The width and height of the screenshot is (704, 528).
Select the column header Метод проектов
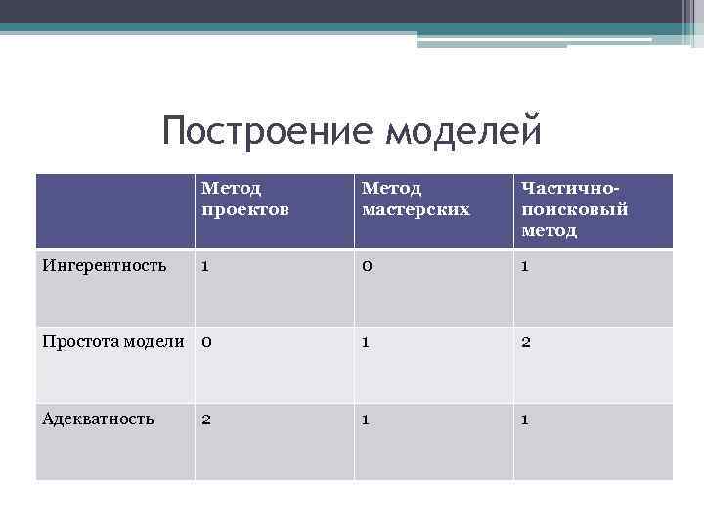click(245, 198)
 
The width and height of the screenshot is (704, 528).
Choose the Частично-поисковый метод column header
click(574, 207)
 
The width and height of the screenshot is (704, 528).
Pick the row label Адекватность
click(98, 418)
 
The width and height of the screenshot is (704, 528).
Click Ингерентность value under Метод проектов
click(205, 265)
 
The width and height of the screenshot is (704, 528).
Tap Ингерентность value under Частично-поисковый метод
click(526, 265)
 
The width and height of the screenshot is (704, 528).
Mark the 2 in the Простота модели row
click(526, 342)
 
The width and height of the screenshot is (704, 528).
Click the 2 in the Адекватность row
click(206, 418)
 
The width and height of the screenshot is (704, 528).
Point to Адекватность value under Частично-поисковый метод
click(526, 418)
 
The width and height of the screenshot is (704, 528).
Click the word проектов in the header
click(245, 209)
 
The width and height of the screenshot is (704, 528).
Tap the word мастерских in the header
click(416, 209)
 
